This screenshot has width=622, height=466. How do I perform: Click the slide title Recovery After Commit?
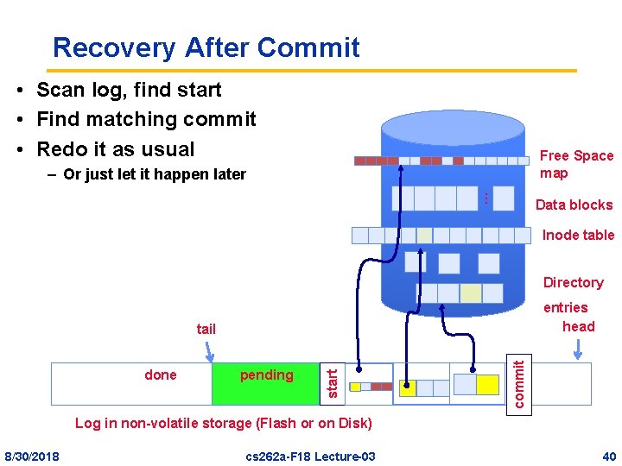206,47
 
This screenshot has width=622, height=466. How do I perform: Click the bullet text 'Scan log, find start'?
129,90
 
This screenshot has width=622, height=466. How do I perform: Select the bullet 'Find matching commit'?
146,119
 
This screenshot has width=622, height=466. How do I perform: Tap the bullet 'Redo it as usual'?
116,148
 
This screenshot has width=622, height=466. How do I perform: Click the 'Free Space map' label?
575,164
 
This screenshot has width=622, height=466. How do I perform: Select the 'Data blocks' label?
574,205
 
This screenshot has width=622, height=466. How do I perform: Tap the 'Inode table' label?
578,235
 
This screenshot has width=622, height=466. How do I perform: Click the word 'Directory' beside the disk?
573,282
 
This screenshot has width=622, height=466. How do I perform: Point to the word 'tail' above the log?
206,329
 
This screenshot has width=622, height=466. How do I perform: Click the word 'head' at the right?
578,326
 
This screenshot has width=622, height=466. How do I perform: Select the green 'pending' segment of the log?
266,383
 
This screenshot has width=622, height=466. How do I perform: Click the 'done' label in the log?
161,375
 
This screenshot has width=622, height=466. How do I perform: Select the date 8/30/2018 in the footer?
32,456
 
